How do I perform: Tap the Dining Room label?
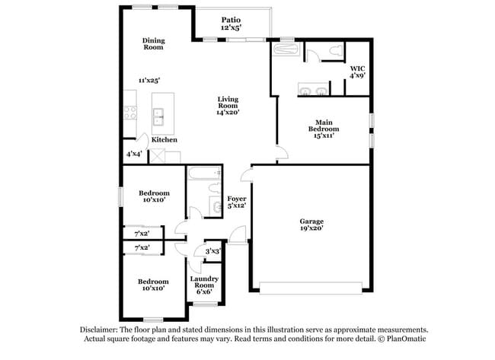pos(154,44)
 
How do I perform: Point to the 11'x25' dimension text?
pos(148,80)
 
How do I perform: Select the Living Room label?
pos(228,105)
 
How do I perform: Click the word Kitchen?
pos(164,140)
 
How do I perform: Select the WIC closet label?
pos(357,72)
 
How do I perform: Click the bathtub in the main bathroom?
pos(287,51)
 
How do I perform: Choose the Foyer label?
pos(236,202)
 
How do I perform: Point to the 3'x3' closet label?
pos(212,250)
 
